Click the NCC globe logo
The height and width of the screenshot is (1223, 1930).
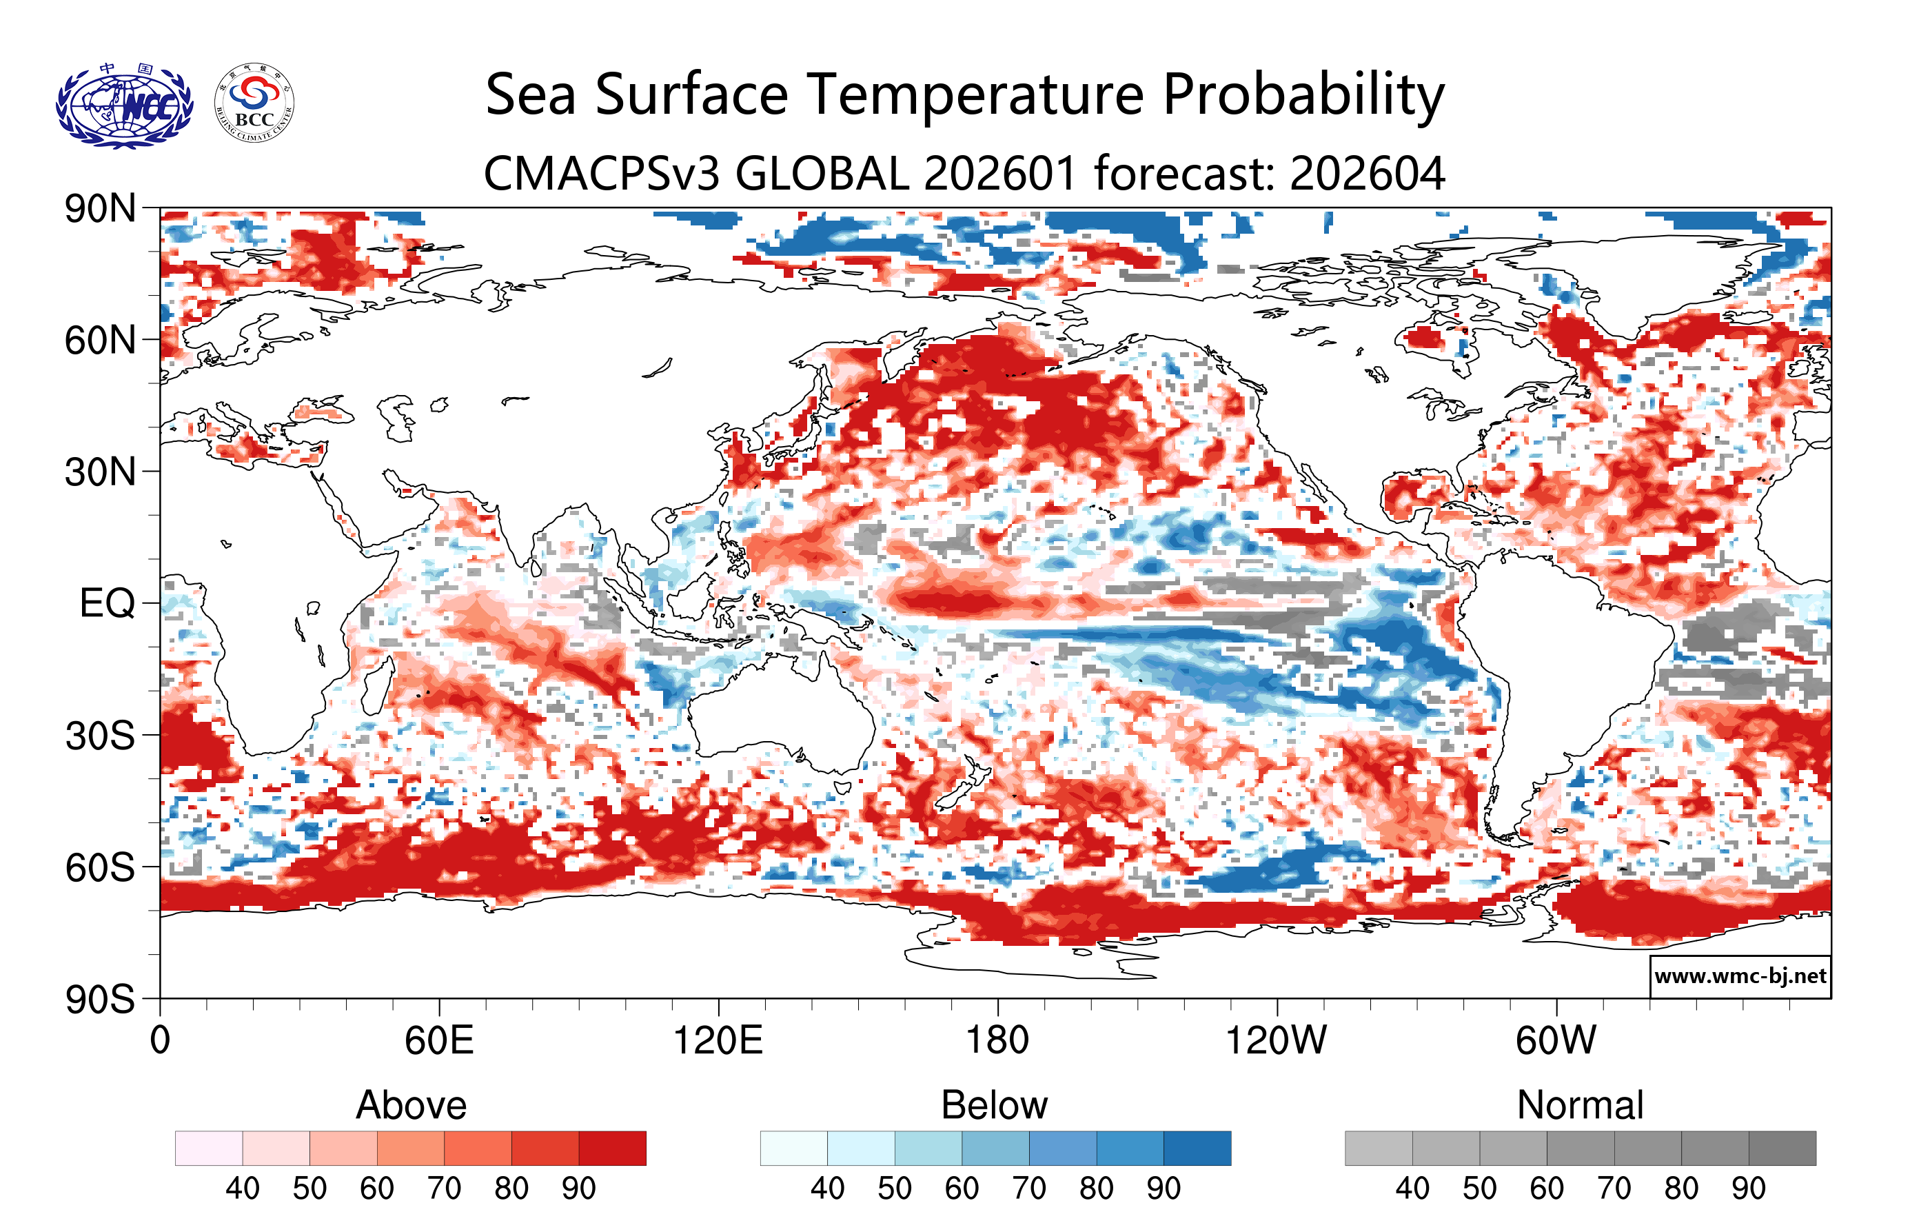124,105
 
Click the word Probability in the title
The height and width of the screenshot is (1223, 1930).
1303,94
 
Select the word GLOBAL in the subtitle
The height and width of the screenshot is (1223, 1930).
822,173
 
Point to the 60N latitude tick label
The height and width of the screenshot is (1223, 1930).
99,341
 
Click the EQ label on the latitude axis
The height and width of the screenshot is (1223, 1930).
107,603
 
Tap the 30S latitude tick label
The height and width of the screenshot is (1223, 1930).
99,736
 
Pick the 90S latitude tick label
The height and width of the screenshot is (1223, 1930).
99,1000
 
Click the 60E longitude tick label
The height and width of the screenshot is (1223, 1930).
438,1040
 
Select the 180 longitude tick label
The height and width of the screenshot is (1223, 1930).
997,1040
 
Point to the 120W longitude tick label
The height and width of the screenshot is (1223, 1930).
1276,1040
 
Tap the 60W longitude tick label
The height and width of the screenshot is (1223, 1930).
1556,1040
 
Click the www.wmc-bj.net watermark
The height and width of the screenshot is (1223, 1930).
1740,976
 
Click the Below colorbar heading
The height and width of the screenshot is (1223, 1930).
994,1105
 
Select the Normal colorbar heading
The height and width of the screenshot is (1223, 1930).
1580,1105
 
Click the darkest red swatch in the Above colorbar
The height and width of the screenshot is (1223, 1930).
612,1148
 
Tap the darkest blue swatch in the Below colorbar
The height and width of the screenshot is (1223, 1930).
1197,1148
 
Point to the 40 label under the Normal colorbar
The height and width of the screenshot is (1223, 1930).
1412,1188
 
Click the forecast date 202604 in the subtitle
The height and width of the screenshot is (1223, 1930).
1368,173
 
